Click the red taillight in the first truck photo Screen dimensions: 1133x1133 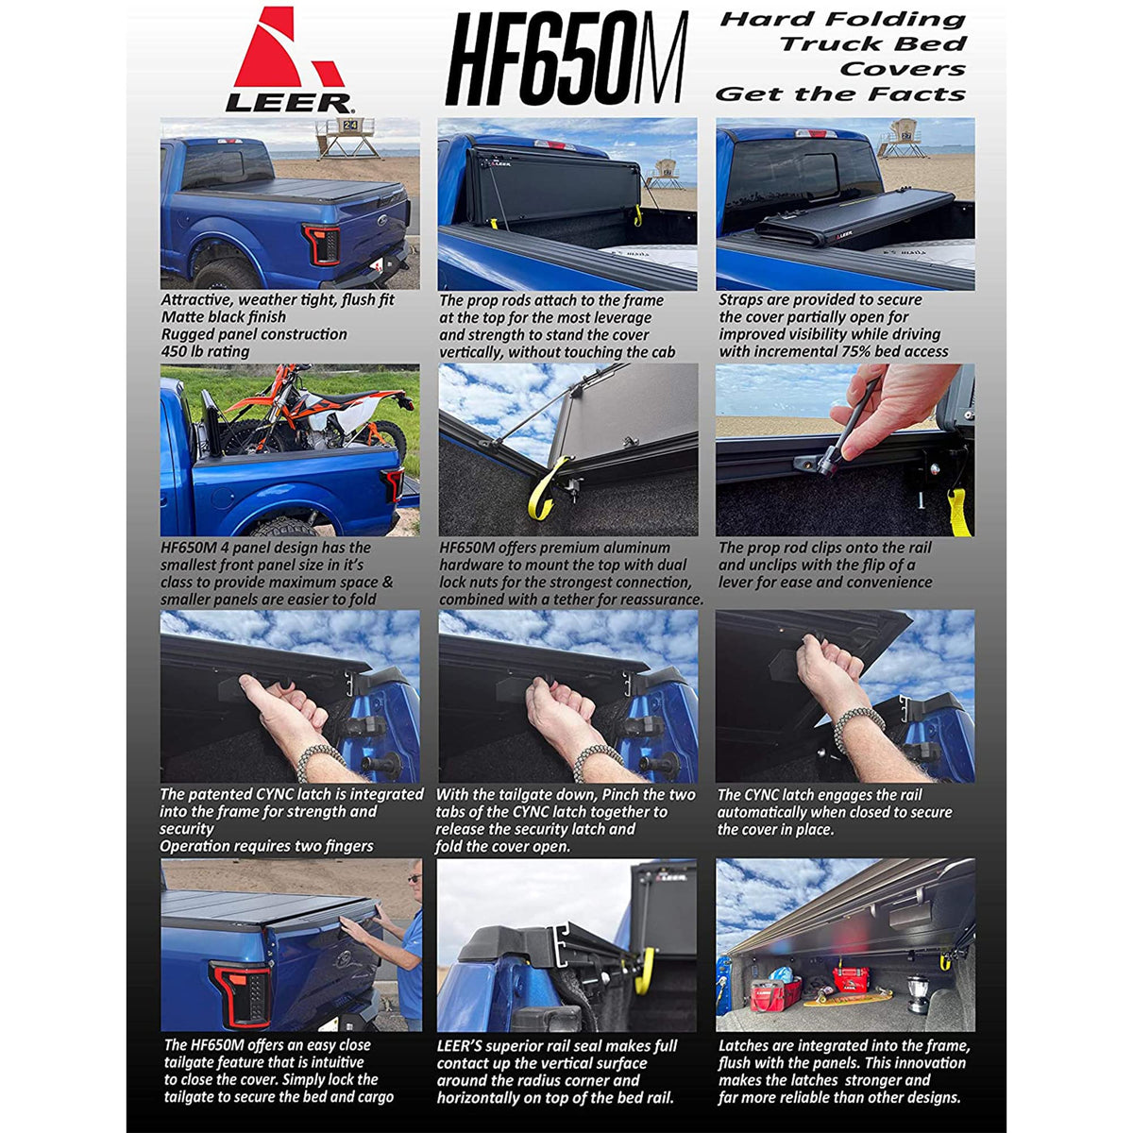(322, 244)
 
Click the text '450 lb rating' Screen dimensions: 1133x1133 (205, 351)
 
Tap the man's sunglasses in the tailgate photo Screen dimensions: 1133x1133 (414, 879)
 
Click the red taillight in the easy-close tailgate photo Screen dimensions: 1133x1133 (241, 994)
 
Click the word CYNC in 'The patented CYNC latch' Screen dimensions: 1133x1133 (275, 794)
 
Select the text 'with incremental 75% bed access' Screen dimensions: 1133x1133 (834, 351)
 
